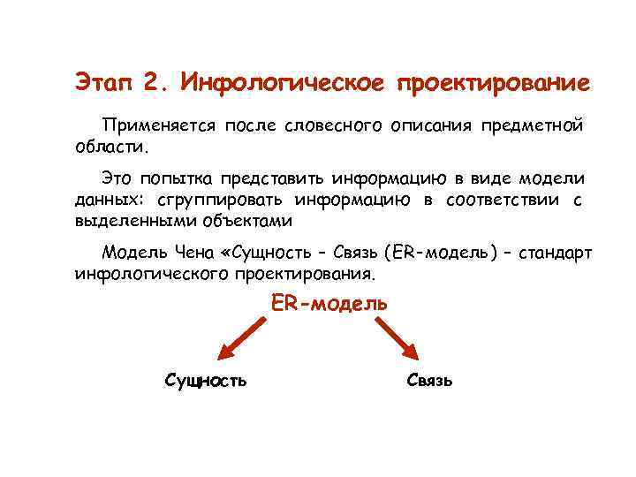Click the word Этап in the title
coord(103,83)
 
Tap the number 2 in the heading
coord(153,83)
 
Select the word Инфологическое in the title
coord(281,83)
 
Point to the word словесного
coord(332,125)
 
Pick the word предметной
coord(532,125)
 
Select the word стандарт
coord(556,255)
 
